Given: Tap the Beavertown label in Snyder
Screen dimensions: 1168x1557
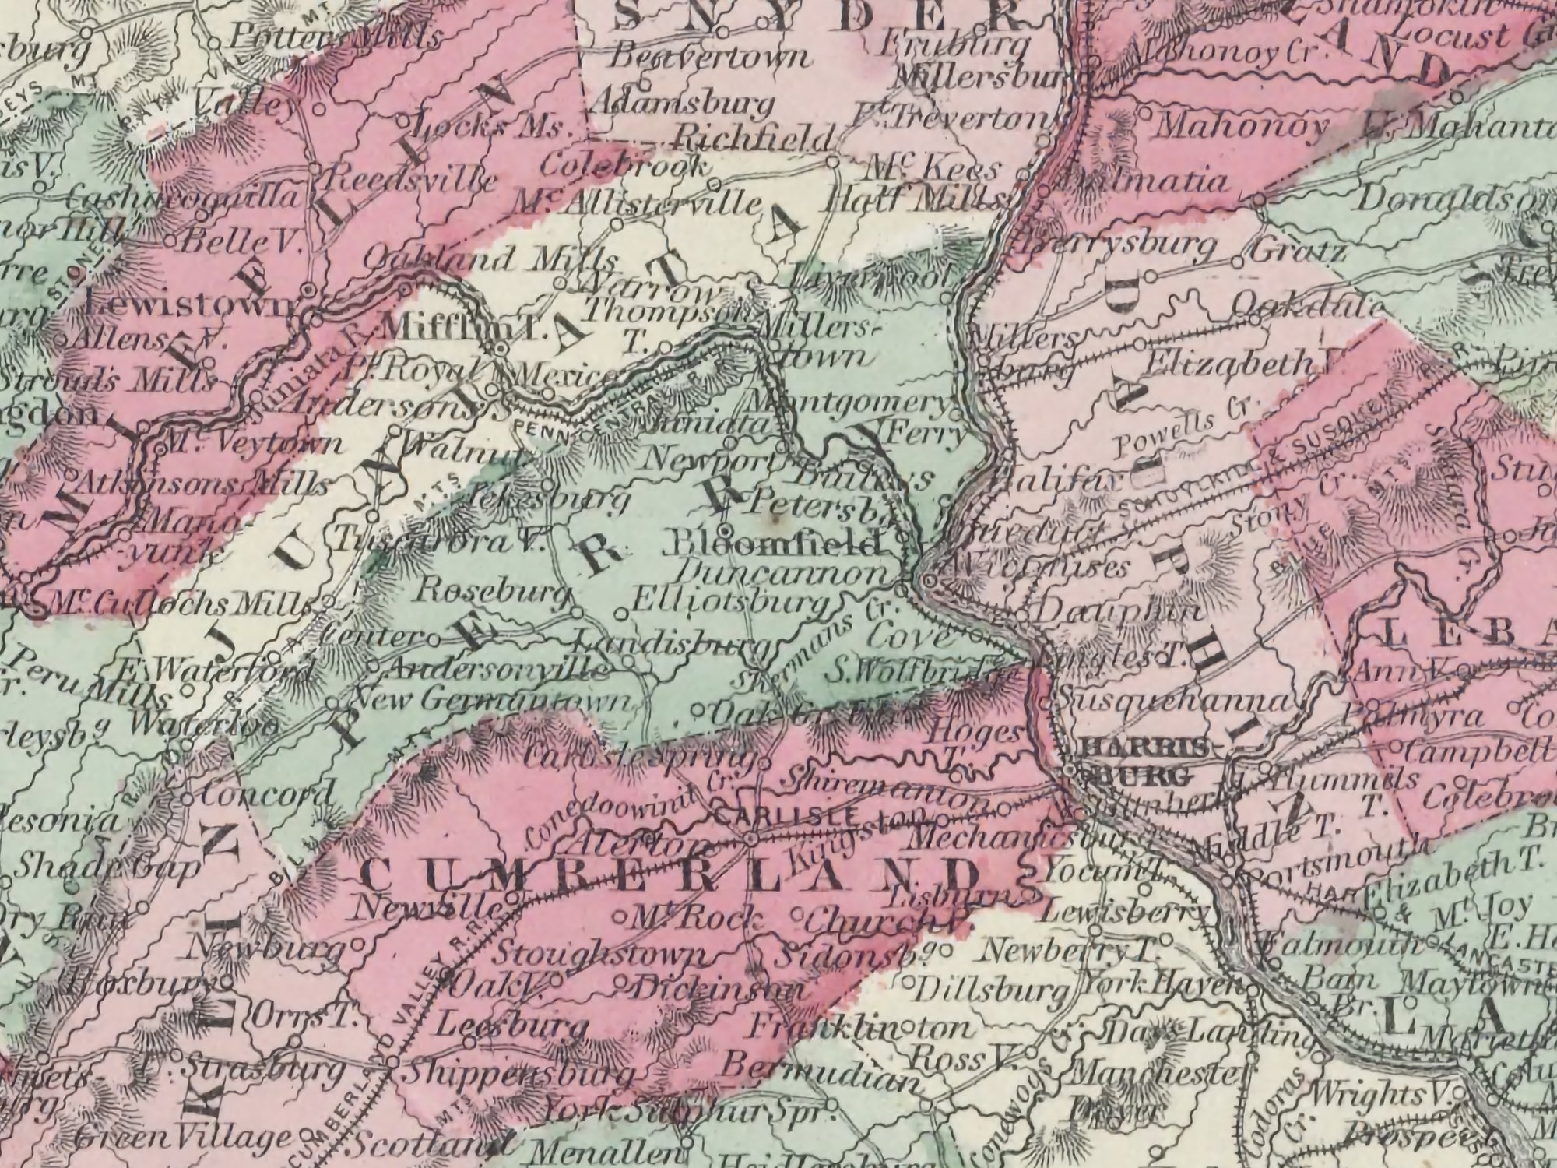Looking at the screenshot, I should pos(712,57).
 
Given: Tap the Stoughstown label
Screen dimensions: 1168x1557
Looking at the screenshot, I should pos(603,955).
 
